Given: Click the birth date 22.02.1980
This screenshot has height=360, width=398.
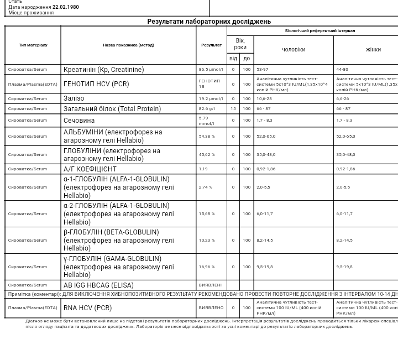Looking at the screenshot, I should click(65, 7).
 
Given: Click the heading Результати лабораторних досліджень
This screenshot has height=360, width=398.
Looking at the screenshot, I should click(208, 22).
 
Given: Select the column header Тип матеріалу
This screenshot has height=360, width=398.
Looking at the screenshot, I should click(33, 45).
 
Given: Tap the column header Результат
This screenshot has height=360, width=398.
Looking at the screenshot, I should click(211, 45).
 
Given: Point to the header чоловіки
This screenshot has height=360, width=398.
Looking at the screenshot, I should click(293, 50).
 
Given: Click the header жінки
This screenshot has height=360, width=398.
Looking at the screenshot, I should click(373, 50).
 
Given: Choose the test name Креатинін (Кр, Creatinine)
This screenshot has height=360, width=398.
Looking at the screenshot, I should click(103, 70).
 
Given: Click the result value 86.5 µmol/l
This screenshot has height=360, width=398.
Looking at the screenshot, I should click(211, 70).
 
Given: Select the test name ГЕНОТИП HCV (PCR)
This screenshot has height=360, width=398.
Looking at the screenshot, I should click(96, 84).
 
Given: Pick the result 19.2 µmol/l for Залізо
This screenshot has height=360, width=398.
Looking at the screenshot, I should click(211, 98).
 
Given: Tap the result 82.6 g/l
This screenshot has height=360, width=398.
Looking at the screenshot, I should click(207, 109).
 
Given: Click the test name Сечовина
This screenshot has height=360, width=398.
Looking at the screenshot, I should click(79, 120).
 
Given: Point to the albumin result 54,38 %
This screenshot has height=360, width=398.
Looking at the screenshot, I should click(207, 136).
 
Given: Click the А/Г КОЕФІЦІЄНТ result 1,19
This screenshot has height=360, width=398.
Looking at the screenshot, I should click(203, 169).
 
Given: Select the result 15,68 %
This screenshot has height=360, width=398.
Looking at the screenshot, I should click(207, 213).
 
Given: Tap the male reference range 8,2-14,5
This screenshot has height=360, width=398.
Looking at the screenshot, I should click(264, 240).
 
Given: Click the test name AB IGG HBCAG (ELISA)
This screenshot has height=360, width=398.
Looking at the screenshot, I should click(98, 285).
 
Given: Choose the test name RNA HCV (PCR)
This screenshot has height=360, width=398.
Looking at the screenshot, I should click(87, 308).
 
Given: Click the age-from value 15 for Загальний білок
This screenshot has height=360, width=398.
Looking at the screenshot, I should click(233, 109).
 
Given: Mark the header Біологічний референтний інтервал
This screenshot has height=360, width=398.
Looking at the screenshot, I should click(320, 31).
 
